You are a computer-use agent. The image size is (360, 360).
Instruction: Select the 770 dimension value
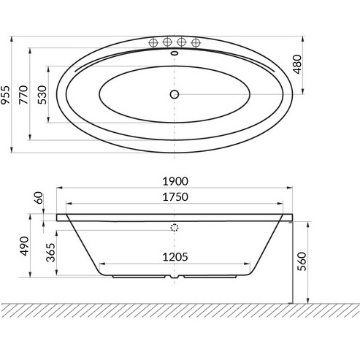23,96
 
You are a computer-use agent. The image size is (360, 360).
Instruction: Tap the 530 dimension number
40,96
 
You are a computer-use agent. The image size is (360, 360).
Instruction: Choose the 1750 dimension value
175,198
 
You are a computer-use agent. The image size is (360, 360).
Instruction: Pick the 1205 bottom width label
175,256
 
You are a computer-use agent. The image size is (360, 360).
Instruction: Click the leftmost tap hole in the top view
153,42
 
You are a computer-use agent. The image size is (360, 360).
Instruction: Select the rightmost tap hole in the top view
196,42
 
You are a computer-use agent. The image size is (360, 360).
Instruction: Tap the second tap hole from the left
167,42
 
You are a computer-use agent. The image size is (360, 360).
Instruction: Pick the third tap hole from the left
182,42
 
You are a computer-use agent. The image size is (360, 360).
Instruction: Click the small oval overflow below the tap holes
175,53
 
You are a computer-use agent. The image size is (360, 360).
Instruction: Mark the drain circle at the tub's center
175,93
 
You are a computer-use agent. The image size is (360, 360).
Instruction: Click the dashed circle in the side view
175,227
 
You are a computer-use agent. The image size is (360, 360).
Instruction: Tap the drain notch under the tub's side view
175,277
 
